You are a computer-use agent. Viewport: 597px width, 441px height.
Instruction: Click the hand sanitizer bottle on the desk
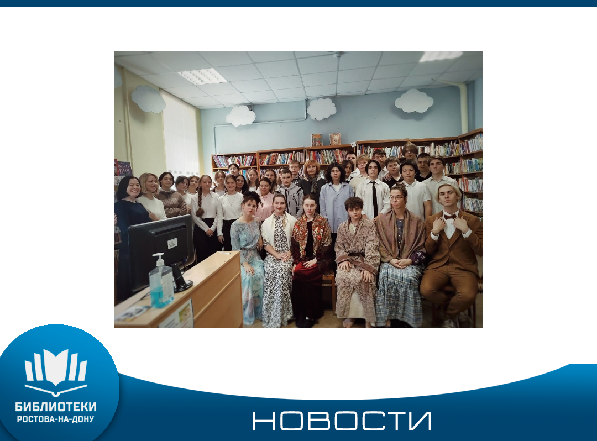pyautogui.click(x=161, y=282)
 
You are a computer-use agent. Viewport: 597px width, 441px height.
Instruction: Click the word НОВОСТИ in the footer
pyautogui.click(x=342, y=421)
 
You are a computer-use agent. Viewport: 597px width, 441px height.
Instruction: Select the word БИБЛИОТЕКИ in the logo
pyautogui.click(x=56, y=407)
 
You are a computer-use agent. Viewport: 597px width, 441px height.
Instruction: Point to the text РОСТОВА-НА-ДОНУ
pyautogui.click(x=56, y=419)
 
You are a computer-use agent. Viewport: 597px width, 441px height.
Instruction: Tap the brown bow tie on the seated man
pyautogui.click(x=450, y=217)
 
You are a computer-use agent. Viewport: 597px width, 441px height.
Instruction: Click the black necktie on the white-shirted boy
pyautogui.click(x=375, y=199)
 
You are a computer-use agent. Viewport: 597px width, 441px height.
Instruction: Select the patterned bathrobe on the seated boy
pyautogui.click(x=357, y=262)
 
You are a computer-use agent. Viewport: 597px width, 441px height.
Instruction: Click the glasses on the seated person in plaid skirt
pyautogui.click(x=396, y=198)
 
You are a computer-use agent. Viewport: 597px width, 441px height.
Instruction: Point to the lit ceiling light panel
pyautogui.click(x=202, y=76)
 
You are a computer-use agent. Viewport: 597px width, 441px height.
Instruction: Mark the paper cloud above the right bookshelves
pyautogui.click(x=414, y=101)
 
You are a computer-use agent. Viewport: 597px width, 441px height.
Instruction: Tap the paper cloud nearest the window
pyautogui.click(x=148, y=99)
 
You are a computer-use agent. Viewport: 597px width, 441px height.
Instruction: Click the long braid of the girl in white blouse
pyautogui.click(x=200, y=200)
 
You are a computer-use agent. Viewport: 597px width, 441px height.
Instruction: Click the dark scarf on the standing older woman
pyautogui.click(x=313, y=183)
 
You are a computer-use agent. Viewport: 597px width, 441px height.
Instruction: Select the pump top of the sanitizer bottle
pyautogui.click(x=159, y=258)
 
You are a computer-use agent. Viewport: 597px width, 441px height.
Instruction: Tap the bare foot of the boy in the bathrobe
pyautogui.click(x=348, y=323)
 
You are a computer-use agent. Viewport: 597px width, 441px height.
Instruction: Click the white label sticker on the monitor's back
pyautogui.click(x=172, y=244)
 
